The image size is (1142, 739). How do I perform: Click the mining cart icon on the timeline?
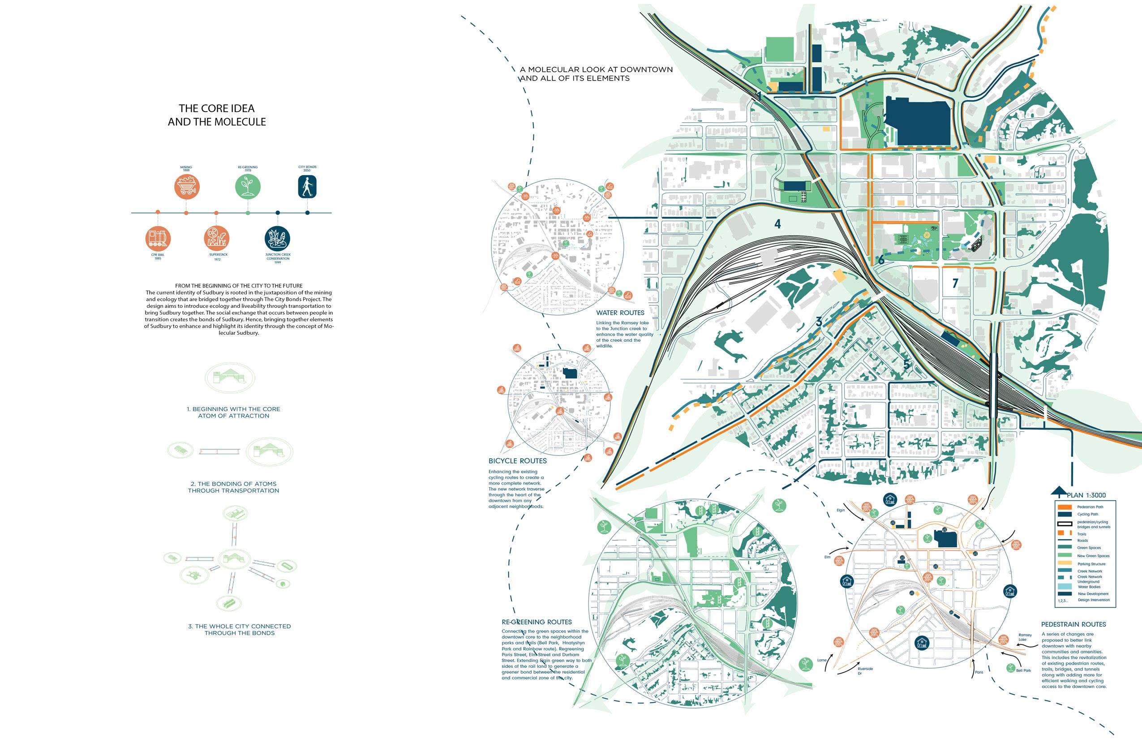pos(187,187)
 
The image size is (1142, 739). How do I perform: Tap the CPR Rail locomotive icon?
pos(158,238)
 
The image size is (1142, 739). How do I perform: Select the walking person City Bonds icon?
pos(307,187)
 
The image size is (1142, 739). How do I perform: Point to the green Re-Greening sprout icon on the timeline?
pos(248,186)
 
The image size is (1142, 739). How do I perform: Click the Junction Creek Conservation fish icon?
pos(277,238)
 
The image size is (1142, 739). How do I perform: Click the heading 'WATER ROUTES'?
pos(620,313)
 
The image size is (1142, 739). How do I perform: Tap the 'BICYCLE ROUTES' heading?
pos(517,461)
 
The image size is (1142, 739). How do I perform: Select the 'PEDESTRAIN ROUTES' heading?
pos(1073,624)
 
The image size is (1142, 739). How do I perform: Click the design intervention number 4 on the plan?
pos(777,223)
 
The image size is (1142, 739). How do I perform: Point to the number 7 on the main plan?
pos(955,283)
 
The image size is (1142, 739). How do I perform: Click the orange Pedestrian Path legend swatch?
pos(1064,507)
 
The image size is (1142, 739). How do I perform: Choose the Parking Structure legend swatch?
pos(1064,563)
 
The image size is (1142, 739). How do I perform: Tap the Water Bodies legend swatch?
pos(1064,586)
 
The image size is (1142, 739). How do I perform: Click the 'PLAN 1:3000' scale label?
pos(1086,495)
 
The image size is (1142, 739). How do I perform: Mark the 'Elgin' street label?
pos(841,510)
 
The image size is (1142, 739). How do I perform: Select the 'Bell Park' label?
pos(1023,670)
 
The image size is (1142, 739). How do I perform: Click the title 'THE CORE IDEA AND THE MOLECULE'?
pos(217,115)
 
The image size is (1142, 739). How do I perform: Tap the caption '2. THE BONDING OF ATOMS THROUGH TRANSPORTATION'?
pos(234,487)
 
